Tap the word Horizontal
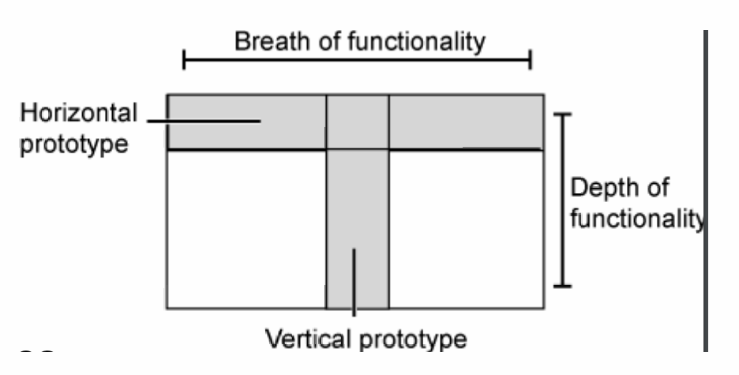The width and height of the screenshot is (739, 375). (78, 114)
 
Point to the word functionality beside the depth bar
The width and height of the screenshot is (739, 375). (636, 218)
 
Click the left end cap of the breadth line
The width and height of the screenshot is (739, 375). (184, 59)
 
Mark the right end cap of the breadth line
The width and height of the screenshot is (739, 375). (531, 59)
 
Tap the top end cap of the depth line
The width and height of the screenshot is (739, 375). (561, 114)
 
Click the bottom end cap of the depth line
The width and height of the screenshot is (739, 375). (561, 285)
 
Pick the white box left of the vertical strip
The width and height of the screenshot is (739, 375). (246, 228)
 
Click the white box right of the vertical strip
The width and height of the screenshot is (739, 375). (466, 228)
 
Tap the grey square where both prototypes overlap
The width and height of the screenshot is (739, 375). (357, 122)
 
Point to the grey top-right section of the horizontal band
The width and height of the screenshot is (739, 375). (466, 122)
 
